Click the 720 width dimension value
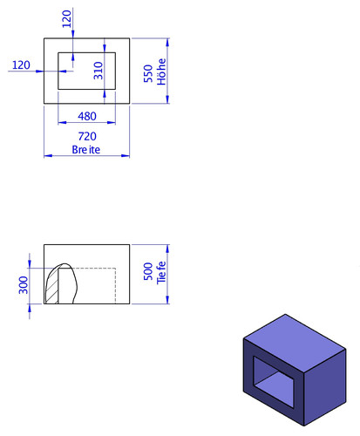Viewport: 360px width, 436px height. point(87,136)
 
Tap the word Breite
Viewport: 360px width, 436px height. point(86,150)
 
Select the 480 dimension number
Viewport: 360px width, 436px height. point(87,116)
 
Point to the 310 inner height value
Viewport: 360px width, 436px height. point(98,71)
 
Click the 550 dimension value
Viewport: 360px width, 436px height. point(148,73)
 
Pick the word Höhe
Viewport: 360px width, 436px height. point(161,72)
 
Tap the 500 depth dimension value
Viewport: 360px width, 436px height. point(148,271)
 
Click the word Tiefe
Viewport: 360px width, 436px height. point(161,273)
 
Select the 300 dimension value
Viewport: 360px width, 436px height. point(24,285)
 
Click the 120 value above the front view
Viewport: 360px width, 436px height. point(67,19)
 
